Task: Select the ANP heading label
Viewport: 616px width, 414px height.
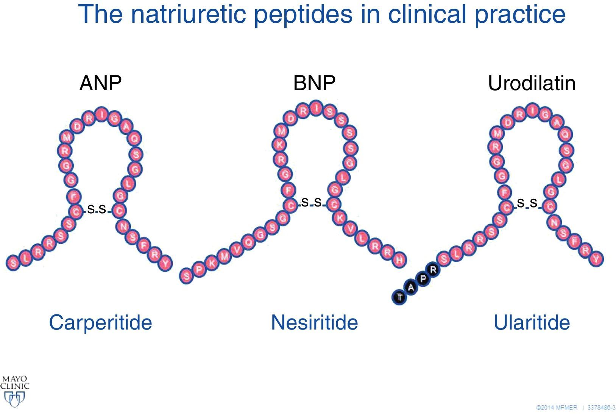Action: point(101,83)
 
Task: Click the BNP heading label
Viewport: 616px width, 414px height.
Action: point(314,83)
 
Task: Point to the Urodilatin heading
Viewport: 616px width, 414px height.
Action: point(532,83)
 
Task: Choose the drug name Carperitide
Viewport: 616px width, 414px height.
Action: point(100,322)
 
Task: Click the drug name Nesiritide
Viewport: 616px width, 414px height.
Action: point(314,322)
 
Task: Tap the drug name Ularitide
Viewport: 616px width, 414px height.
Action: point(532,322)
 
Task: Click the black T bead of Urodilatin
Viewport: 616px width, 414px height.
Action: point(399,297)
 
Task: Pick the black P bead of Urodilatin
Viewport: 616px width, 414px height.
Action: point(423,279)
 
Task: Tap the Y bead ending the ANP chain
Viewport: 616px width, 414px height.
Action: point(165,262)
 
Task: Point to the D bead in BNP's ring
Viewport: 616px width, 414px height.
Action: point(290,119)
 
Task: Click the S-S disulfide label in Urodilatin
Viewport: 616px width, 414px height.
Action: point(527,203)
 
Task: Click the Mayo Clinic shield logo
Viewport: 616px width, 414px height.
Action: point(14,398)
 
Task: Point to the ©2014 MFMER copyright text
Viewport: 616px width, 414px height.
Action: point(557,407)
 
